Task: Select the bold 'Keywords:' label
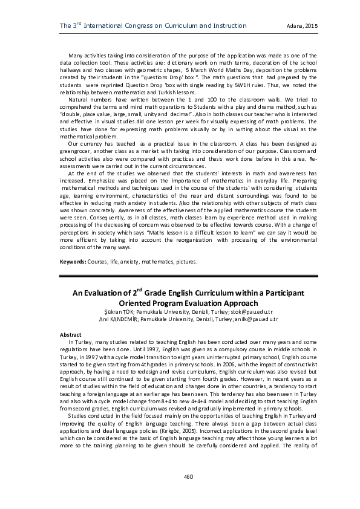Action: tap(72, 262)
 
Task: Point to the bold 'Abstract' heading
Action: tap(71, 334)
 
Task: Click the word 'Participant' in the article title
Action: tap(278, 293)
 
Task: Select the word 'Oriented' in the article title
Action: tap(141, 303)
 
